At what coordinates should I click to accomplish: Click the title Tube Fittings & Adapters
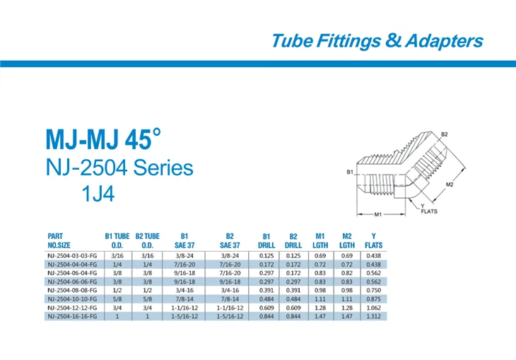377,40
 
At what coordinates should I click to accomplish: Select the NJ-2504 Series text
119,168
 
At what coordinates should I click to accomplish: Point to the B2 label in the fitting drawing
445,134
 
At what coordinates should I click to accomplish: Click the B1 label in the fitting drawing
349,172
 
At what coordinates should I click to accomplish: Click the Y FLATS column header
373,240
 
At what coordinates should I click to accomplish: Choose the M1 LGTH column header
319,240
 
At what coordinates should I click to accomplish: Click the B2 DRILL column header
293,240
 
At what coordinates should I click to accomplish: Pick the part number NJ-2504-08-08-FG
71,290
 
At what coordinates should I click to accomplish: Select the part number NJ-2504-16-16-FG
71,317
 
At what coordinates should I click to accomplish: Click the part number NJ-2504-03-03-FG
71,255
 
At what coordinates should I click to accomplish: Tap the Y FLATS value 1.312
373,317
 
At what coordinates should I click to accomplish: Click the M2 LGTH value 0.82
346,272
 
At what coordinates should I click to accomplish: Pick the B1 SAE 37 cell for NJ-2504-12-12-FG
184,308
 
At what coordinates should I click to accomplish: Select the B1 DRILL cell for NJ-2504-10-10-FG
266,299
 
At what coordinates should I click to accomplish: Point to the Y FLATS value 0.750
373,290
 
